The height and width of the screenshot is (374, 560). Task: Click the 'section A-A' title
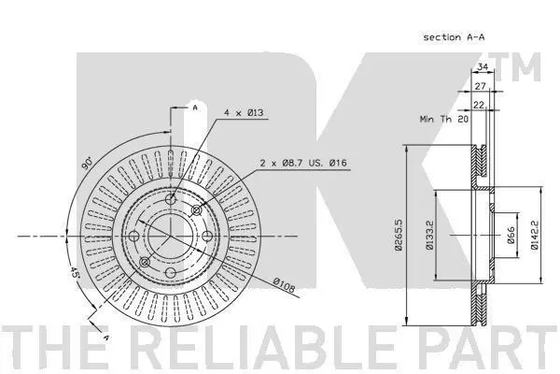point(454,36)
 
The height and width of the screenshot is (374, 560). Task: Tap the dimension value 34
point(483,66)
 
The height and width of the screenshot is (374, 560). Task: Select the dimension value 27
point(480,86)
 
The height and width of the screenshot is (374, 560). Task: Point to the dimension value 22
point(478,105)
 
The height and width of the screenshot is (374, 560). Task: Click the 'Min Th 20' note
point(444,119)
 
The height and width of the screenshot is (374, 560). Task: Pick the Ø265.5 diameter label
point(399,235)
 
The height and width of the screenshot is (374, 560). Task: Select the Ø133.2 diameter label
point(428,235)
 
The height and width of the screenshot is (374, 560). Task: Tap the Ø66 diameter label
point(511,235)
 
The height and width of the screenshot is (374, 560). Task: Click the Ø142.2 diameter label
point(534,235)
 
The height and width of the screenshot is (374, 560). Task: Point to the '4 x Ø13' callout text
point(244,113)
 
